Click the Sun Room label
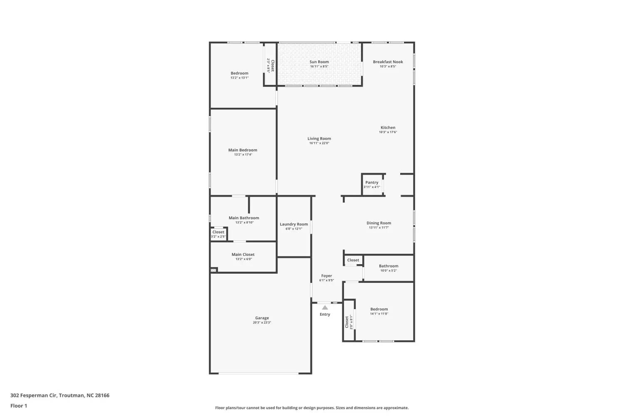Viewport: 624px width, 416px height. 319,62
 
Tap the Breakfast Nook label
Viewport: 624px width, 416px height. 388,62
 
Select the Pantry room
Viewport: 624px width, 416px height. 372,184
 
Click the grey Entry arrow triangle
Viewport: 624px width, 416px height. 325,307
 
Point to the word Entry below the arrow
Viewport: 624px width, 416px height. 325,314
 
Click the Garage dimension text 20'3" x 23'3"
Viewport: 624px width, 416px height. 262,322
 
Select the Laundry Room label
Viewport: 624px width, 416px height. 294,224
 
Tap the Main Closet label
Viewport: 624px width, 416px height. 243,255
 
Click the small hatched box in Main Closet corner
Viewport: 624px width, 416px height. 214,270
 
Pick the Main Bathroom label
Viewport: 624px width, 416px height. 244,218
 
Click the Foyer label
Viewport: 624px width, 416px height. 327,276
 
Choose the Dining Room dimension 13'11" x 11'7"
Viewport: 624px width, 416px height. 379,228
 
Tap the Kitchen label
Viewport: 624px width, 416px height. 388,128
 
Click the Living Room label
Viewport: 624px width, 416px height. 319,139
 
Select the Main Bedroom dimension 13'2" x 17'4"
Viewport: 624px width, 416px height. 243,154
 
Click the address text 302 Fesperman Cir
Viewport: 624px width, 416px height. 34,395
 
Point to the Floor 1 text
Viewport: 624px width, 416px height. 19,406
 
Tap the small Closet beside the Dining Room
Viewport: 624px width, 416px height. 353,260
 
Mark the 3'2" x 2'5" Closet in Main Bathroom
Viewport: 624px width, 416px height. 218,234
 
